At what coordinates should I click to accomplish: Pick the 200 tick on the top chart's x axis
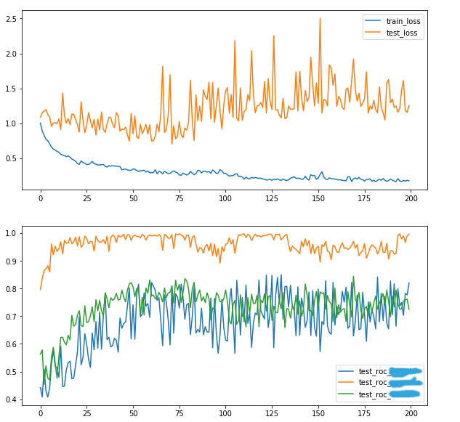(411, 198)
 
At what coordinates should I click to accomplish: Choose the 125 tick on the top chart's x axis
(272, 198)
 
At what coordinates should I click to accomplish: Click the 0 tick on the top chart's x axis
(41, 198)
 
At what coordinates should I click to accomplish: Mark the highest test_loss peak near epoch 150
(320, 19)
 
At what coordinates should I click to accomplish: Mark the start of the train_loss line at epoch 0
(41, 123)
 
